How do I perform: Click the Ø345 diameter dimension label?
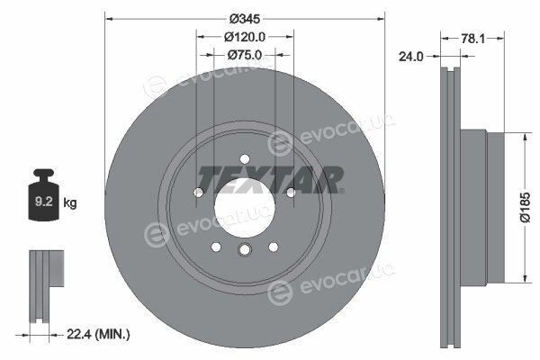coord(245,19)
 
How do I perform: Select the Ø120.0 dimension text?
coord(245,37)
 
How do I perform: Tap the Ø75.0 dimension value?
coord(245,55)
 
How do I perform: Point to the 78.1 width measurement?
coord(472,39)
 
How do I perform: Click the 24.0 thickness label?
coord(411,57)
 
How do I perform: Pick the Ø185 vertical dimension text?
coord(526,207)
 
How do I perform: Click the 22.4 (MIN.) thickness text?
coord(98,334)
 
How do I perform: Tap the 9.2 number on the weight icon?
coord(44,202)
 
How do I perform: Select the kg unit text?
coord(70,202)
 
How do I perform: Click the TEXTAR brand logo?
coord(270,179)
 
